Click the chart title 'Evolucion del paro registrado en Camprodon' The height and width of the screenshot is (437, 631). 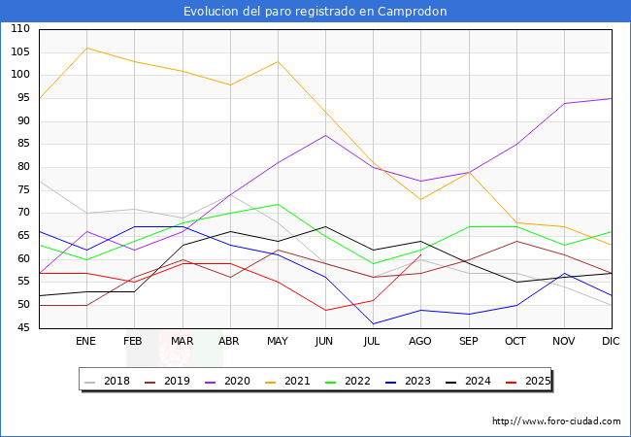(x=315, y=12)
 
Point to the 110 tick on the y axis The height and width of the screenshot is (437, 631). (x=20, y=29)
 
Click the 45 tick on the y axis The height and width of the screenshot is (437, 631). (x=20, y=328)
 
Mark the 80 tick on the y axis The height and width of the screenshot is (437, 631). (x=20, y=167)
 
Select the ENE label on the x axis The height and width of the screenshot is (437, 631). (x=86, y=342)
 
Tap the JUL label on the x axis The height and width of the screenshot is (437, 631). (x=373, y=342)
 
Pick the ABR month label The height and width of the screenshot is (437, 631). (x=229, y=342)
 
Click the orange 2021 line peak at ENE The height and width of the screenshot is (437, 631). (x=86, y=48)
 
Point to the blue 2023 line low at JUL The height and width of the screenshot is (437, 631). (x=373, y=323)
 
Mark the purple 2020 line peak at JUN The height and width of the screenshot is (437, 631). (x=325, y=135)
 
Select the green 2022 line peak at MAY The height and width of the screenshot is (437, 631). (x=278, y=204)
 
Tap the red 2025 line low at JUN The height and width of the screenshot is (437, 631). (x=325, y=310)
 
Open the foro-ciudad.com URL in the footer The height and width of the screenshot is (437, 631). (x=556, y=421)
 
